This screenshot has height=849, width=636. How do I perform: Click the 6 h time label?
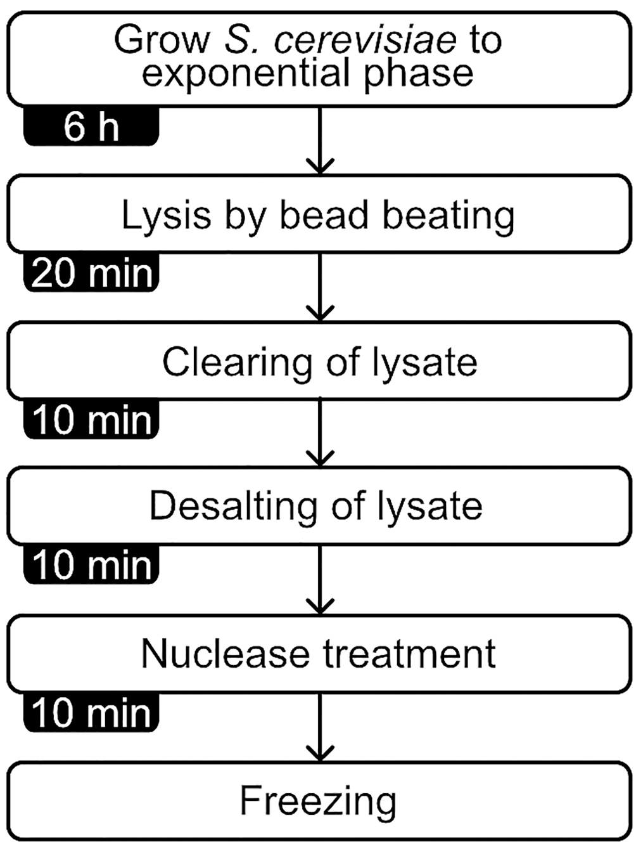click(91, 126)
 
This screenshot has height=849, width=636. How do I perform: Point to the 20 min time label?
click(91, 273)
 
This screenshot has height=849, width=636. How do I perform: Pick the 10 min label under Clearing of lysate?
click(91, 420)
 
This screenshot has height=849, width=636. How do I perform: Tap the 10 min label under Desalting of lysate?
click(91, 565)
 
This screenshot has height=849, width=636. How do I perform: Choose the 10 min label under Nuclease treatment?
click(91, 713)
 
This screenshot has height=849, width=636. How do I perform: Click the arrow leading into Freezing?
click(320, 727)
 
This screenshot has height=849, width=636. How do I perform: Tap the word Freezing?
click(318, 801)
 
